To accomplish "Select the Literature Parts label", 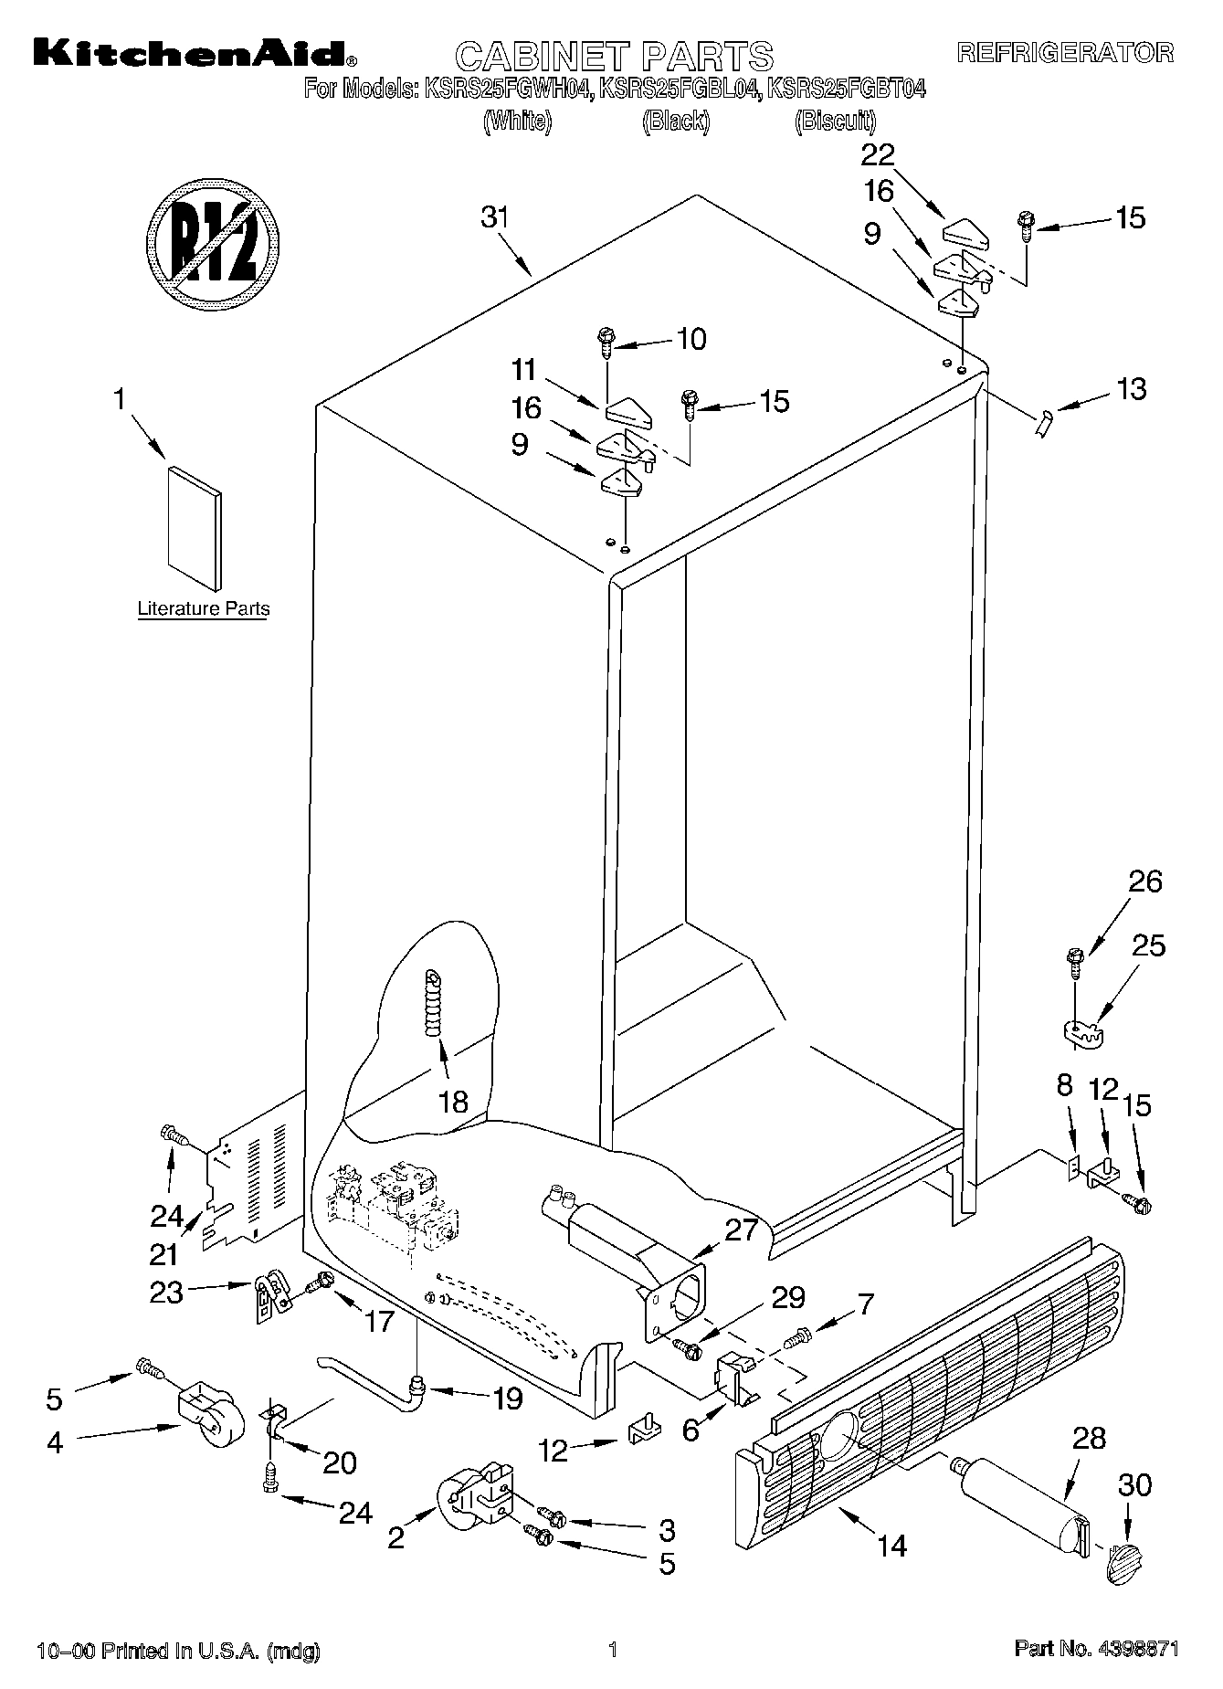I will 203,608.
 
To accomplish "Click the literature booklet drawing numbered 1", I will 194,527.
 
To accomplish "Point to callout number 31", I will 494,218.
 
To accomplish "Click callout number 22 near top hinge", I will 878,154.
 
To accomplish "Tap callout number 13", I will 1131,389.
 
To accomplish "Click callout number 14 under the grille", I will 891,1546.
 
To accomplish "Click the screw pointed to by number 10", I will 606,343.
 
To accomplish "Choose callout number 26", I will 1144,881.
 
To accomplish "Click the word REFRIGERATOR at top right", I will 1064,52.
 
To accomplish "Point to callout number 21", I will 164,1254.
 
